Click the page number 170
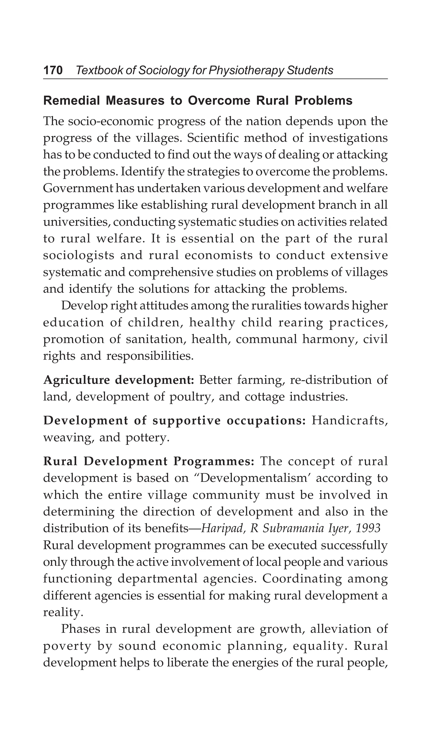[x=53, y=70]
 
